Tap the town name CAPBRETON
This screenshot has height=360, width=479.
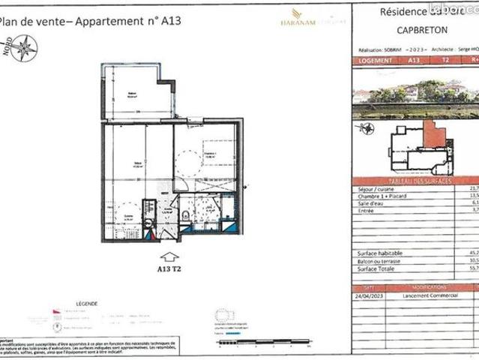click(415, 31)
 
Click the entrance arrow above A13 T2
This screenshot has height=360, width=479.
click(169, 260)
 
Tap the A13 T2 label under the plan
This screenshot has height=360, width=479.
click(170, 272)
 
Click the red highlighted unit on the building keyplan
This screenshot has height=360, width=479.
click(433, 135)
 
